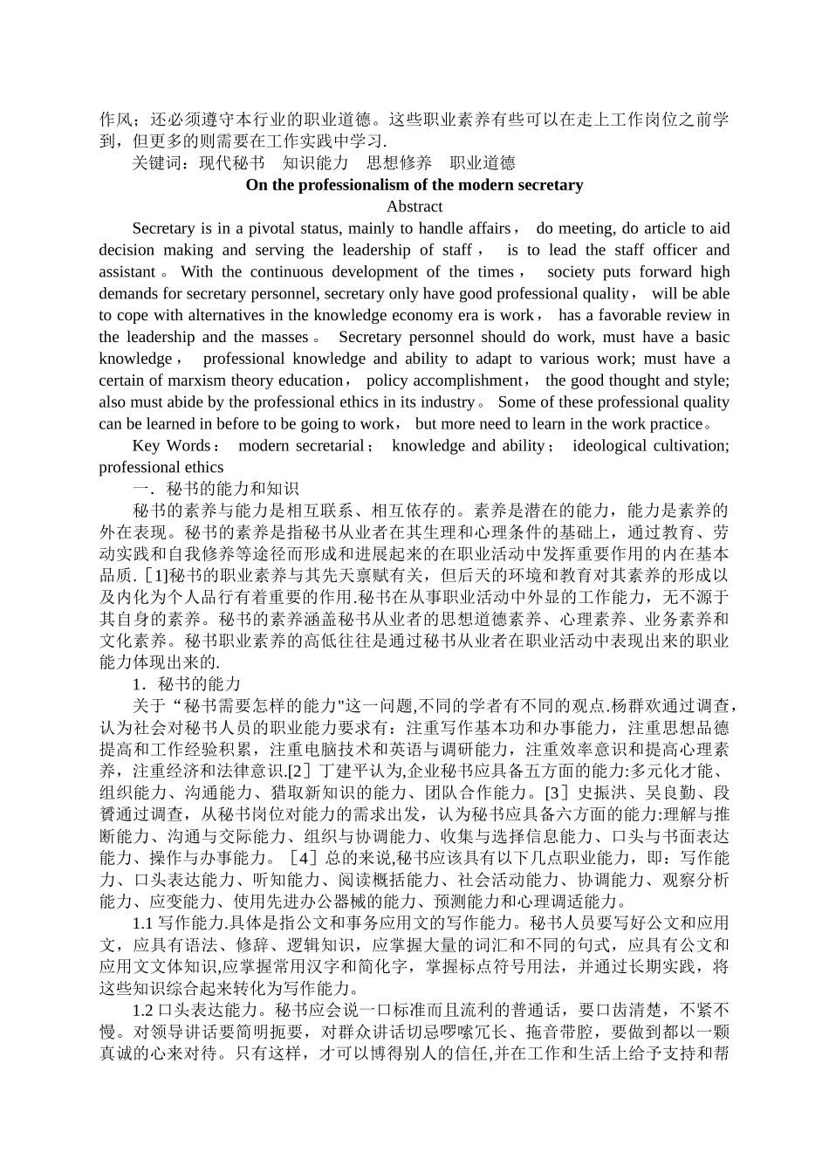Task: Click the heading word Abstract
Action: (x=414, y=207)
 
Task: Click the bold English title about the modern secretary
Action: (x=414, y=185)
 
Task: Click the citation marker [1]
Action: (x=154, y=576)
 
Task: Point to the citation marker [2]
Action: (x=301, y=772)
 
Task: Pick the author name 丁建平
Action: (x=346, y=772)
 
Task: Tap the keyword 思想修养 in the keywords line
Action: (x=399, y=163)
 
